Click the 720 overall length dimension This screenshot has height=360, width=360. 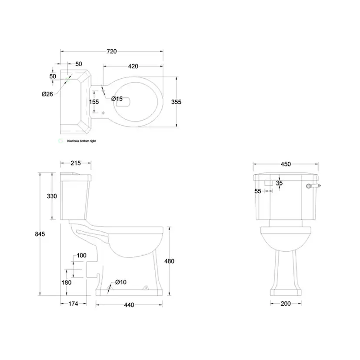click(111, 51)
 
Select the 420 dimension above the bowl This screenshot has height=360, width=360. click(133, 66)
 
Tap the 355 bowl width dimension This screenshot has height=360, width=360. click(176, 102)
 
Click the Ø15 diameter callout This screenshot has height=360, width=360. click(117, 99)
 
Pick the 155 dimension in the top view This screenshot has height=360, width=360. click(94, 102)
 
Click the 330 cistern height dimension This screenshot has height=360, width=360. click(52, 196)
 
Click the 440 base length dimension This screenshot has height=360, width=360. click(129, 305)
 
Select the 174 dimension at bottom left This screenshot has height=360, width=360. click(73, 304)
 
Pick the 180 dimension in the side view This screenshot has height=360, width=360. click(67, 282)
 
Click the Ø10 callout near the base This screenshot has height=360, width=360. click(121, 283)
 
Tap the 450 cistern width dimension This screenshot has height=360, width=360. click(286, 164)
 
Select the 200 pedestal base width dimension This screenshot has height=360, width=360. click(285, 303)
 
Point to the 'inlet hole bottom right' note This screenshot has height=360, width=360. click(81, 141)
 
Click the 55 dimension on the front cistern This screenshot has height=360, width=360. click(258, 190)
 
